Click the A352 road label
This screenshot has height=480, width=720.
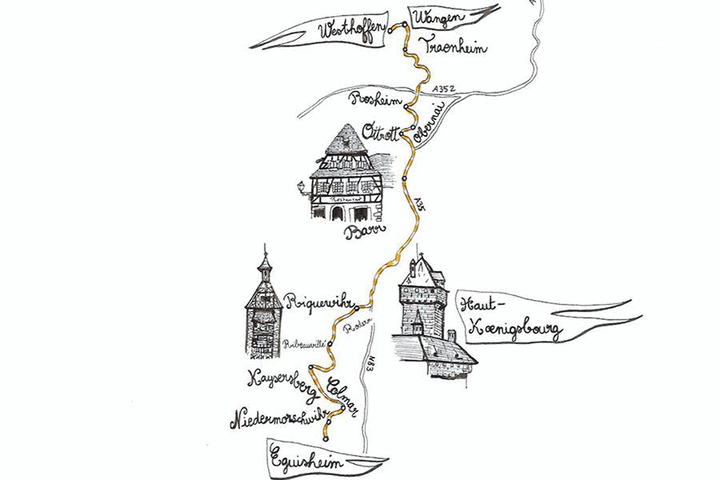[x=442, y=89]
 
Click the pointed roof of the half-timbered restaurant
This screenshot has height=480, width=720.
[x=345, y=138]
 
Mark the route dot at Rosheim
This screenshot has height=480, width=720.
[x=407, y=106]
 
